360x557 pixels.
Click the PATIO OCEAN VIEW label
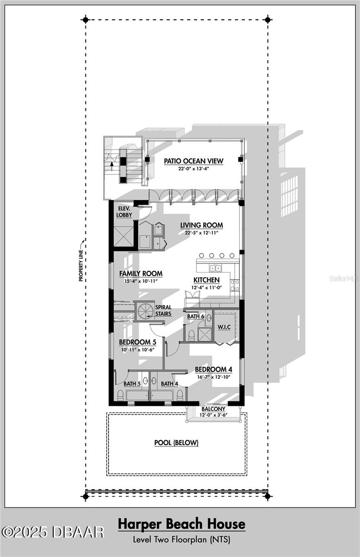tap(193, 161)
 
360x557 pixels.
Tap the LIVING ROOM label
tap(201, 225)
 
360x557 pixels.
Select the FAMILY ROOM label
tap(141, 273)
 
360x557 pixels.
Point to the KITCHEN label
tap(206, 280)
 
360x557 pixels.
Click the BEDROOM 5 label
tap(138, 342)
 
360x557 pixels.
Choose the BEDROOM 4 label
tap(214, 369)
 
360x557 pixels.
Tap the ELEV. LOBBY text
tap(124, 212)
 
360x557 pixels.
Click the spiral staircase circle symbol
tap(146, 311)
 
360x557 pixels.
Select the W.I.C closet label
tap(224, 327)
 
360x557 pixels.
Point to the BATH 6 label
tap(195, 316)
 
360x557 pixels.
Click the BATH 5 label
tap(132, 384)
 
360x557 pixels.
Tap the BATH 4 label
tap(169, 384)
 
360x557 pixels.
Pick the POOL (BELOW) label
tap(176, 443)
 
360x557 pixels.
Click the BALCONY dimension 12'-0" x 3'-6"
tap(214, 415)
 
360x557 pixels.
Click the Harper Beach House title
tap(181, 524)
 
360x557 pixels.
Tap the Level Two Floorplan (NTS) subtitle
tap(181, 539)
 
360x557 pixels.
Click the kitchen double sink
tap(215, 268)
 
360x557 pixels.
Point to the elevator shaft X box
tap(123, 235)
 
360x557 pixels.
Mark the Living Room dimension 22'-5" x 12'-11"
tap(201, 233)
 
